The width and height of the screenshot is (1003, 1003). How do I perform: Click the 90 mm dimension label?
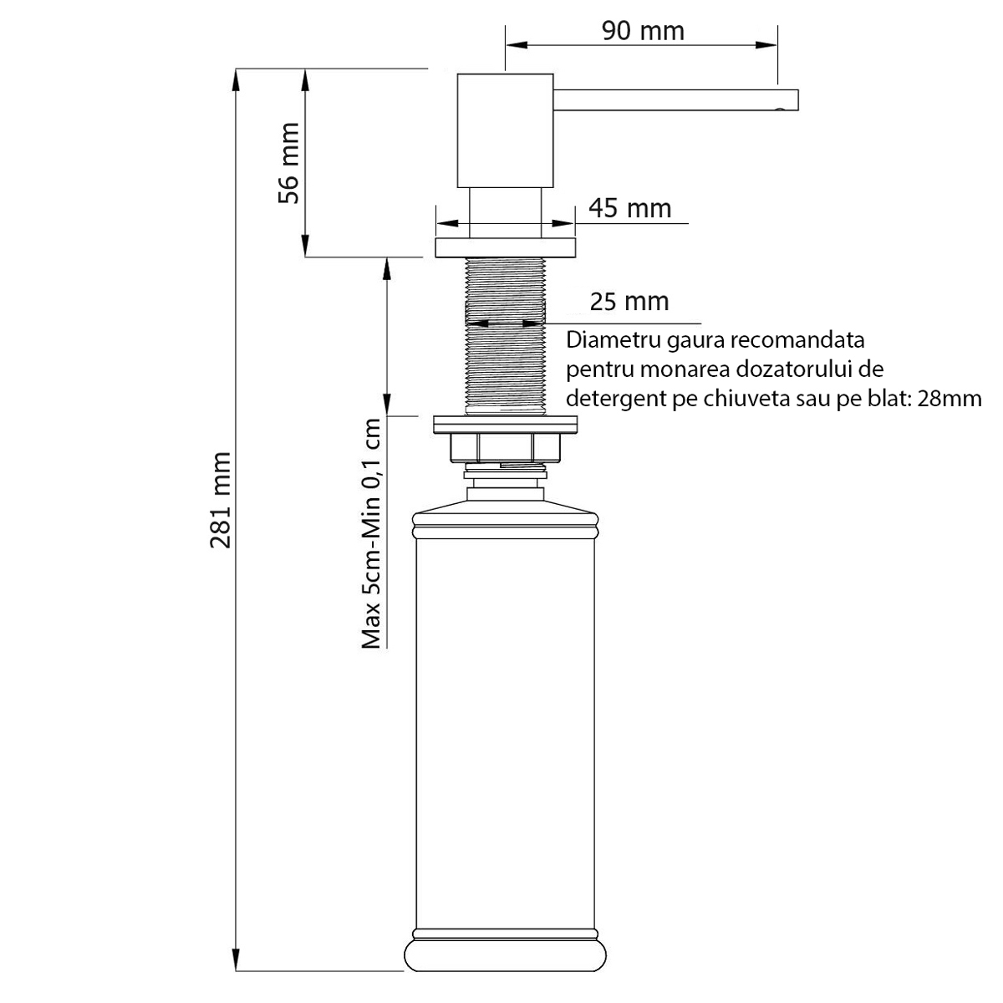[643, 31]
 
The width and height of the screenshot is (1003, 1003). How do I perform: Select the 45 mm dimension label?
[630, 208]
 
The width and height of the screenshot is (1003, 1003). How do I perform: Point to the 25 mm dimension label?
[629, 302]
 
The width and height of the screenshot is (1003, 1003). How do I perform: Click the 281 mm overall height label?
[220, 500]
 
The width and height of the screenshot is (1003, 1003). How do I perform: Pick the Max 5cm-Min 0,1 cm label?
[372, 533]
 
